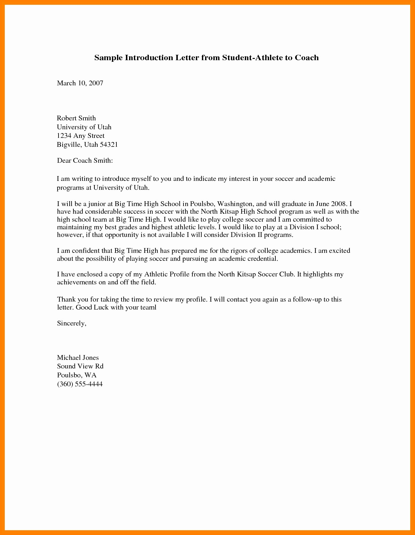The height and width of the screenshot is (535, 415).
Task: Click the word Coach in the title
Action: coord(307,58)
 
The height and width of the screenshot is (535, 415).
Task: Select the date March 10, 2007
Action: coord(80,83)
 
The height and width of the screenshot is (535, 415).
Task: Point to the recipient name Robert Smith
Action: coord(76,118)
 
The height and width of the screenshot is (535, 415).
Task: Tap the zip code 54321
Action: coord(109,145)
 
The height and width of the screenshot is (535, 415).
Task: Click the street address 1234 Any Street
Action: coord(81,136)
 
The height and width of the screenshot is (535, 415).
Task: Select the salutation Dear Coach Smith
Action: coord(85,160)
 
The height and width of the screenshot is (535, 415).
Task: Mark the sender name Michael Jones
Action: coord(78,358)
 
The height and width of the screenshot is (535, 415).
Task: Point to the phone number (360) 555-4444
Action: coord(80,384)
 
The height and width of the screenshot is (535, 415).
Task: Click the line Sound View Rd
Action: coord(80,366)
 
